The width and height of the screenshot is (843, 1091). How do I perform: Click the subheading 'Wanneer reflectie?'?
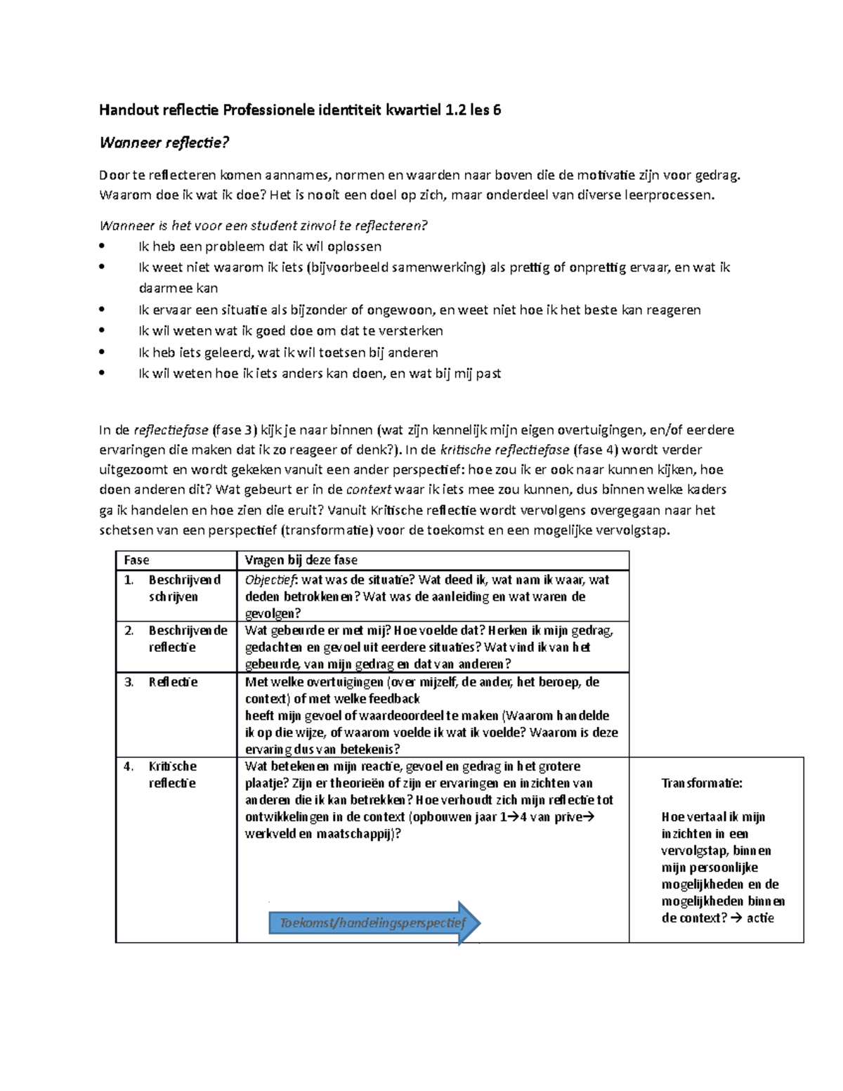point(164,143)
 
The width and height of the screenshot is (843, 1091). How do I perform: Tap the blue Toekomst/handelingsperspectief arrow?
point(374,922)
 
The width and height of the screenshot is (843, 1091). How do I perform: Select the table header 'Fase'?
point(136,560)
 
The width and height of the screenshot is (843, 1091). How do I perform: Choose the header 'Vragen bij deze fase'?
point(301,560)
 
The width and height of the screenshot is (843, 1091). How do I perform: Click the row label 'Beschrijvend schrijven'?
point(184,588)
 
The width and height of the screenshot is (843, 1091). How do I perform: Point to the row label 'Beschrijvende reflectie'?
point(188,639)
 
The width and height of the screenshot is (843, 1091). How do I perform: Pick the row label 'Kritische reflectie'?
point(172,774)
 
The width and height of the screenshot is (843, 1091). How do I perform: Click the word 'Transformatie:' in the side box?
point(701,783)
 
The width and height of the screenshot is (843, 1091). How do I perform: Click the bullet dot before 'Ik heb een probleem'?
point(103,246)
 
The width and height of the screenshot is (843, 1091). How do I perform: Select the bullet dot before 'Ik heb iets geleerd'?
point(103,352)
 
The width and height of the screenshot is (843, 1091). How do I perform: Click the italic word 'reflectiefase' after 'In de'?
point(171,430)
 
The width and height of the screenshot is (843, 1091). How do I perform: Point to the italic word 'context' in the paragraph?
point(369,490)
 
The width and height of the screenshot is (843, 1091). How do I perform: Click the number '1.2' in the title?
point(455,110)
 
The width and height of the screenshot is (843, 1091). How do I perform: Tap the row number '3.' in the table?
point(129,681)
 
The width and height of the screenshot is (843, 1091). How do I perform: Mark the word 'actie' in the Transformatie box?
point(760,917)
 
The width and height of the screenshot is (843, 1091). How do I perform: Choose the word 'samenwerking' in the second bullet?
point(438,267)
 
